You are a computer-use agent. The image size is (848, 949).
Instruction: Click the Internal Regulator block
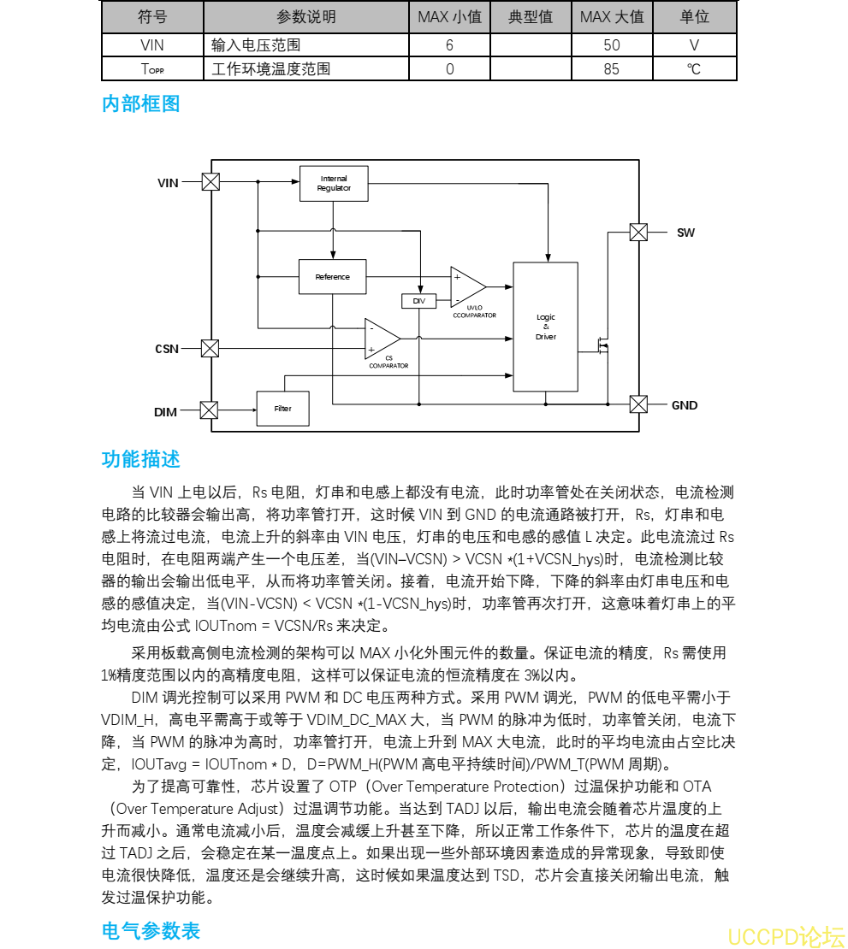coord(334,184)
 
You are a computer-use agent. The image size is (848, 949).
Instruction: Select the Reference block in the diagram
coord(333,277)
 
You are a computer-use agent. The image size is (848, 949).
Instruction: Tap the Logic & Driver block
coord(546,327)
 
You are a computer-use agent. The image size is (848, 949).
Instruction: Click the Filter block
coord(282,409)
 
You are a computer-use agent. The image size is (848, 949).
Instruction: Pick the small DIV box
coord(418,301)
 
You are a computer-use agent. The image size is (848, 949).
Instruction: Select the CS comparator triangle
coord(382,337)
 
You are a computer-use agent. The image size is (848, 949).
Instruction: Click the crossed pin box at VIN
coord(211,181)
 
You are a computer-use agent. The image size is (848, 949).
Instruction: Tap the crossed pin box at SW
coord(638,232)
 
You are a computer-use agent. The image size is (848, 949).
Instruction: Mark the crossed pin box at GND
coord(638,404)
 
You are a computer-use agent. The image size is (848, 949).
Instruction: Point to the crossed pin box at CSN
coord(211,348)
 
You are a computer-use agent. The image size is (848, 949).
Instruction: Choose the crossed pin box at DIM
coord(209,410)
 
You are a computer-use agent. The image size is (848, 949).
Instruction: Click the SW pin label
coord(685,233)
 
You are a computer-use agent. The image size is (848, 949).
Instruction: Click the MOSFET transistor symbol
coord(603,345)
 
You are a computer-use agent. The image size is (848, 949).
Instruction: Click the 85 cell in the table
coord(611,68)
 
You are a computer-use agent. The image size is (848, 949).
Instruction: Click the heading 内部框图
coord(141,104)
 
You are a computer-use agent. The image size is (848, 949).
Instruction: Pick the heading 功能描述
coord(141,459)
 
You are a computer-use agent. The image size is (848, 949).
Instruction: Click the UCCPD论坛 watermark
coord(786,937)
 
